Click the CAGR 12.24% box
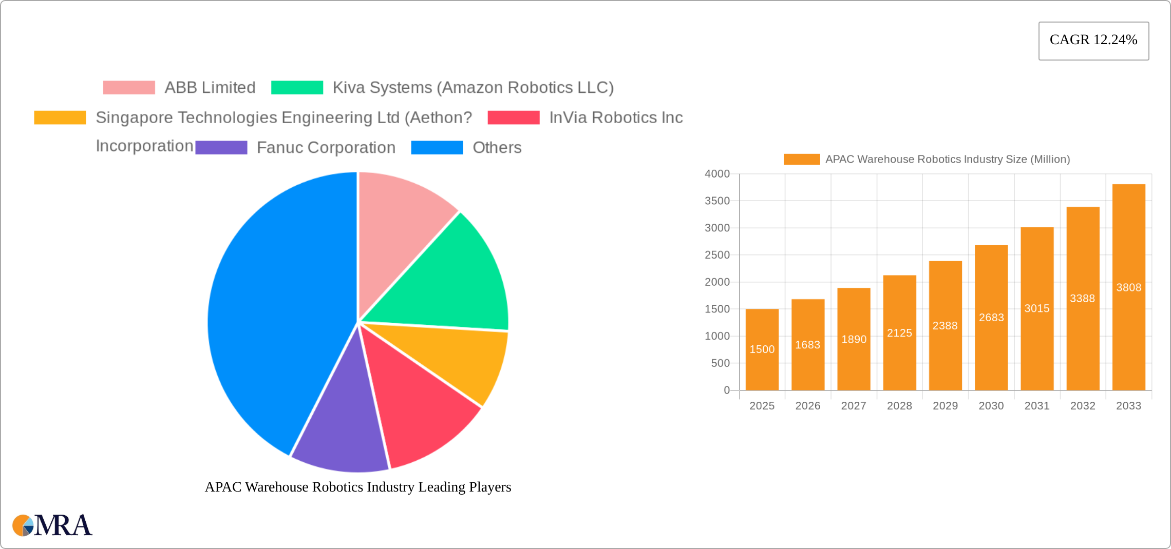[x=1093, y=41]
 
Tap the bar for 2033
[x=1128, y=287]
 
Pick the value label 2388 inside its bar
[x=945, y=326]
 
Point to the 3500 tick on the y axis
[x=717, y=201]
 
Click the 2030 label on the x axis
[x=991, y=406]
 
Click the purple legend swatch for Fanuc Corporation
[x=221, y=148]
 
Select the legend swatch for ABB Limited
[x=129, y=88]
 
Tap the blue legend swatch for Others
[x=437, y=148]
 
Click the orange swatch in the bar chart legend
[x=801, y=160]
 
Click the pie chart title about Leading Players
[x=358, y=487]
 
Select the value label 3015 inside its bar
[x=1036, y=308]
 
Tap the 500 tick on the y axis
[x=720, y=363]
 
